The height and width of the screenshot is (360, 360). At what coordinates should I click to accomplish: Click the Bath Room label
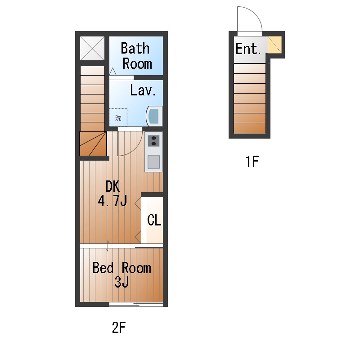pyautogui.click(x=136, y=56)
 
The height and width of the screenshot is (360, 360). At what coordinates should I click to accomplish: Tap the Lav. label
pyautogui.click(x=143, y=90)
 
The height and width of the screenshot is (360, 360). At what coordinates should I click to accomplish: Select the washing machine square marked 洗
pyautogui.click(x=118, y=117)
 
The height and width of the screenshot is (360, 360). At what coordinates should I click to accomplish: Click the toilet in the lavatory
pyautogui.click(x=154, y=116)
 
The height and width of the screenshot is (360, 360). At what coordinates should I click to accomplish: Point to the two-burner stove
pyautogui.click(x=153, y=141)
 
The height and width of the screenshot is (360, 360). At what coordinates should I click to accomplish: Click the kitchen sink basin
pyautogui.click(x=153, y=162)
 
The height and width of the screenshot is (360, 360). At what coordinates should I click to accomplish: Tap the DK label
pyautogui.click(x=112, y=186)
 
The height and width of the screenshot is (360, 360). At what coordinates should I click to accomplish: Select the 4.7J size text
pyautogui.click(x=112, y=201)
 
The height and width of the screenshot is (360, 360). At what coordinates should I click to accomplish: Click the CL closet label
pyautogui.click(x=154, y=220)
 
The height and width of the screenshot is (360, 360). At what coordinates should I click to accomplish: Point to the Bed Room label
pyautogui.click(x=121, y=268)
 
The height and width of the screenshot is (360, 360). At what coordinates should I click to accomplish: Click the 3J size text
pyautogui.click(x=121, y=282)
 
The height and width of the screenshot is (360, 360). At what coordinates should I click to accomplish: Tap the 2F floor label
pyautogui.click(x=119, y=328)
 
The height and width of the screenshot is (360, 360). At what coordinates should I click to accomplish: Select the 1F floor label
pyautogui.click(x=252, y=162)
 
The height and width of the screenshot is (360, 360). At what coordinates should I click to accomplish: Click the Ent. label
pyautogui.click(x=248, y=49)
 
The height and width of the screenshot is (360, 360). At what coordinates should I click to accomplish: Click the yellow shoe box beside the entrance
pyautogui.click(x=275, y=45)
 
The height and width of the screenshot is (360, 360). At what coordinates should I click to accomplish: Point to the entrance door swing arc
pyautogui.click(x=255, y=14)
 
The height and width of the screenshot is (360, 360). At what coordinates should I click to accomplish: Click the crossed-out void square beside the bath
pyautogui.click(x=92, y=48)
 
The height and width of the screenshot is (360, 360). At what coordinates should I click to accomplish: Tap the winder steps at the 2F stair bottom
pyautogui.click(x=93, y=144)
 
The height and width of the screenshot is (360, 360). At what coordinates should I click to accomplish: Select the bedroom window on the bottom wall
pyautogui.click(x=136, y=305)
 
